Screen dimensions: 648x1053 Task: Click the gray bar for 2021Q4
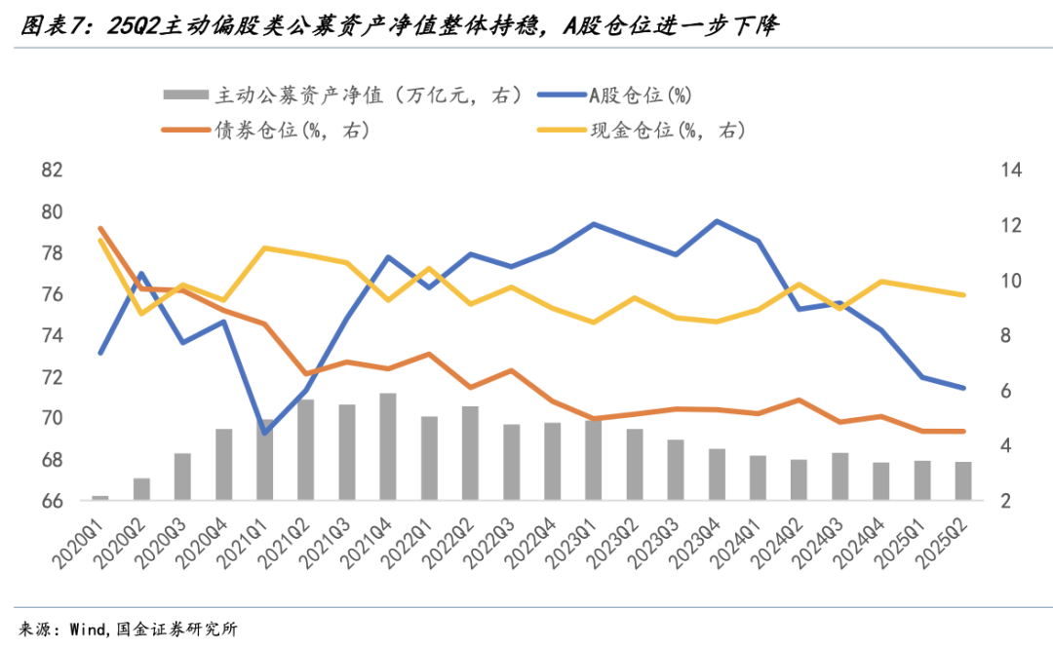pos(388,446)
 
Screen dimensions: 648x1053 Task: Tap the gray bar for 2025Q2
pos(962,480)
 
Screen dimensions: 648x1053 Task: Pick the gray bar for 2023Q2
pos(635,464)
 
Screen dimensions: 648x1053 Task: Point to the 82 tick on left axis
pos(52,171)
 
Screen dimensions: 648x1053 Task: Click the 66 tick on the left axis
pos(52,501)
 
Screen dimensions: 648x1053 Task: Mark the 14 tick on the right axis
pos(1010,171)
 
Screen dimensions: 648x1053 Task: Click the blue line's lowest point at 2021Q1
pos(265,433)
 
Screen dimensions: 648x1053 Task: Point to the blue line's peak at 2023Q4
pos(717,221)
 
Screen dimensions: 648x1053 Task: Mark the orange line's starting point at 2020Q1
pos(100,228)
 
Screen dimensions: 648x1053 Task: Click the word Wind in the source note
pos(88,629)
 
